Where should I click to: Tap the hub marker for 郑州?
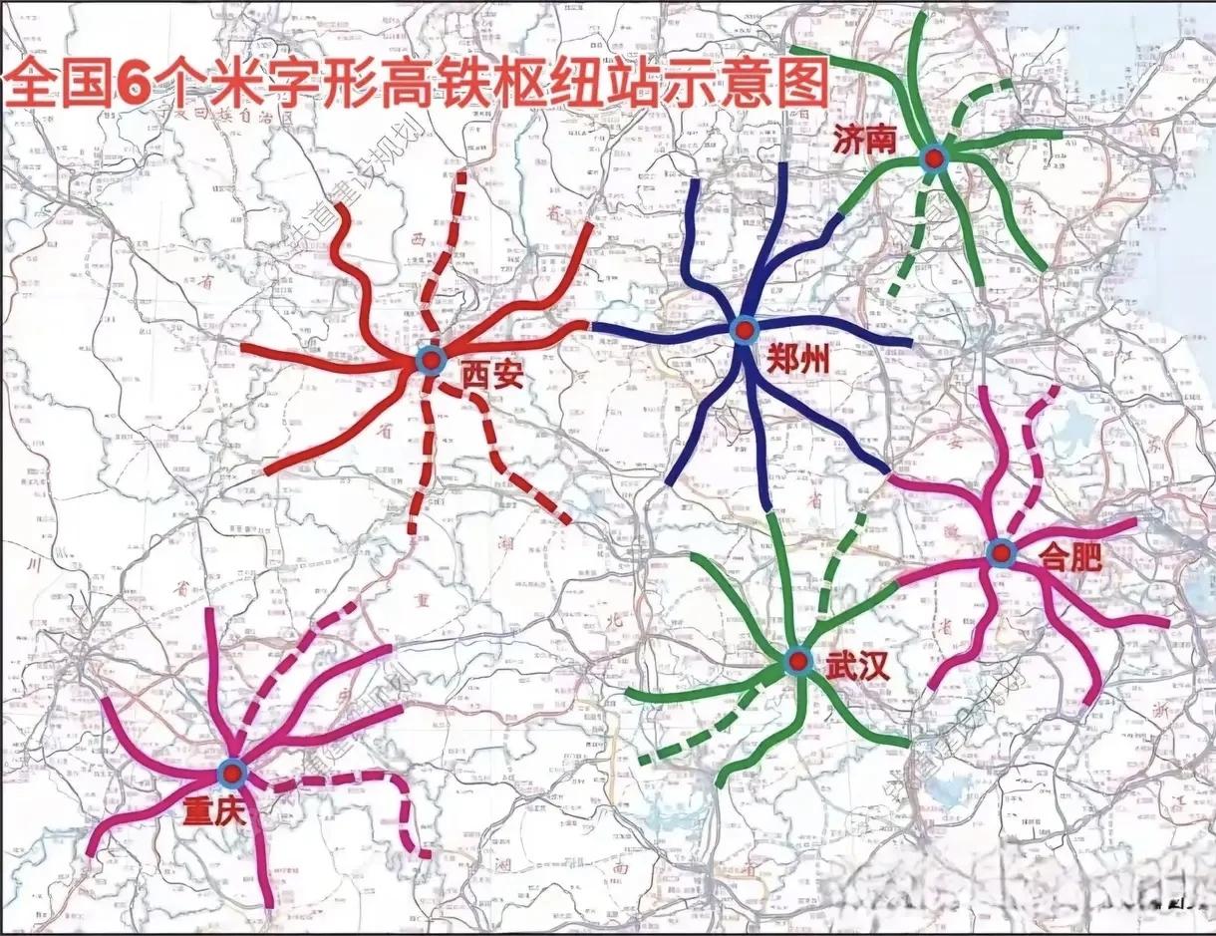tap(743, 329)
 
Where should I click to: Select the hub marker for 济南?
tap(933, 156)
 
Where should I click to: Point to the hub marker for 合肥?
tap(1001, 551)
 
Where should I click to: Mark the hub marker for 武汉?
tap(796, 660)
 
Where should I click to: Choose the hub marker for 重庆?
tap(232, 772)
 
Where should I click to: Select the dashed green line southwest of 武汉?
tap(698, 733)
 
